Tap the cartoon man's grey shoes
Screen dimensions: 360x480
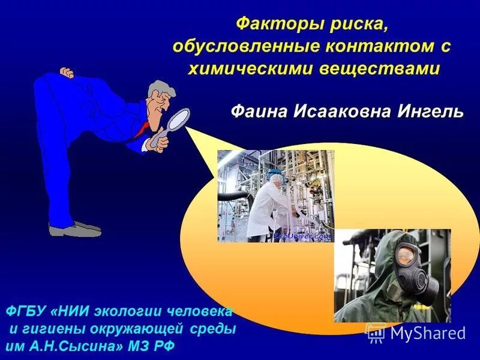click(75, 228)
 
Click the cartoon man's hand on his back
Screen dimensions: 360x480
click(67, 73)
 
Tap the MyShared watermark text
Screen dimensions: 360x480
click(427, 333)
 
